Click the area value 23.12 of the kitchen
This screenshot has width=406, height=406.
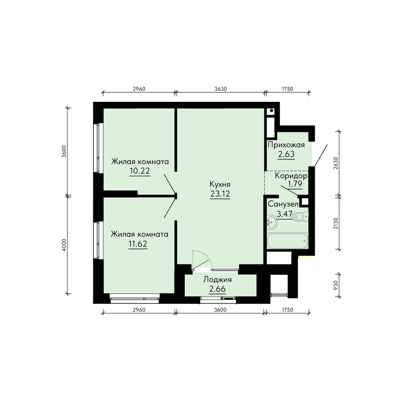pos(220,194)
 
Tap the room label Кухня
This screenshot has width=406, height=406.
pos(220,184)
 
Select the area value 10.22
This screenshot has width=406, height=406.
pos(140,171)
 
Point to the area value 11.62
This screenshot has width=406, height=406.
pos(138,244)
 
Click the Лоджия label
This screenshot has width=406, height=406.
pos(218,280)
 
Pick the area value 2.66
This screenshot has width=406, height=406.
pos(217,289)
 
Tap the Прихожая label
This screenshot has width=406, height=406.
pos(286,145)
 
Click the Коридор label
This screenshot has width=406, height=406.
pos(291,176)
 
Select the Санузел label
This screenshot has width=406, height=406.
pos(283,204)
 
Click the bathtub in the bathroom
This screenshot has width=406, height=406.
pos(287,241)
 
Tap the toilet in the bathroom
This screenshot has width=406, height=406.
pos(300,216)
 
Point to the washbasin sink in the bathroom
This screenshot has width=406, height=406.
pos(272,222)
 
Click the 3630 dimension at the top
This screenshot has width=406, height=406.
pos(220,89)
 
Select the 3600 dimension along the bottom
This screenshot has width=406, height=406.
pos(220,310)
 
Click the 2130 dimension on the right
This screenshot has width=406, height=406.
pos(336,223)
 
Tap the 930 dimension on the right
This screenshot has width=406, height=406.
pos(336,285)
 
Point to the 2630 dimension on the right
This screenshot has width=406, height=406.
pos(336,163)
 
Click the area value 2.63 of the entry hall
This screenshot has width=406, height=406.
pos(286,154)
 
